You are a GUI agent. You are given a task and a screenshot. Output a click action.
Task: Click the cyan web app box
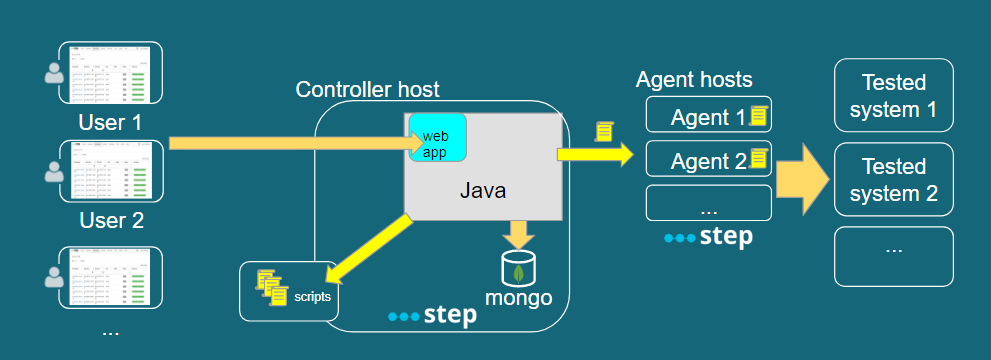(x=437, y=139)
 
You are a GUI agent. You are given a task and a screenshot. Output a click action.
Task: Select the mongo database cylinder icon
(x=518, y=268)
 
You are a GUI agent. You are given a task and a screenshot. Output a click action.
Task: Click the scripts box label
(x=312, y=296)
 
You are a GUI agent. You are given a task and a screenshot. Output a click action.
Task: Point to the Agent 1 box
(x=708, y=118)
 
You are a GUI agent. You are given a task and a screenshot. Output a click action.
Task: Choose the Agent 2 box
(x=708, y=160)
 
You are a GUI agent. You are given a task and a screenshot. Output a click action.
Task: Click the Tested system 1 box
(x=893, y=96)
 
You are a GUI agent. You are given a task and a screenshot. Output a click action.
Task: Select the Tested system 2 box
(x=893, y=180)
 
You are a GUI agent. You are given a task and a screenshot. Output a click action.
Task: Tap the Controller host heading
(x=367, y=90)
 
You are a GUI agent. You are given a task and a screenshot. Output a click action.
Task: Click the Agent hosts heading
(x=694, y=80)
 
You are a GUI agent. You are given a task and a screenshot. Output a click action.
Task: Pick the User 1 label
(x=110, y=123)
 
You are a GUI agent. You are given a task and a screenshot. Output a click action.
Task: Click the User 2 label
(x=110, y=221)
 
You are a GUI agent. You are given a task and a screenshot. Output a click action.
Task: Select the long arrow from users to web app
(x=290, y=144)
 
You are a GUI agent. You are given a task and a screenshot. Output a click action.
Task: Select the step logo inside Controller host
(x=432, y=315)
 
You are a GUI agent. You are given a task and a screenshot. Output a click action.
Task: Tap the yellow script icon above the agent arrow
(x=603, y=131)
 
